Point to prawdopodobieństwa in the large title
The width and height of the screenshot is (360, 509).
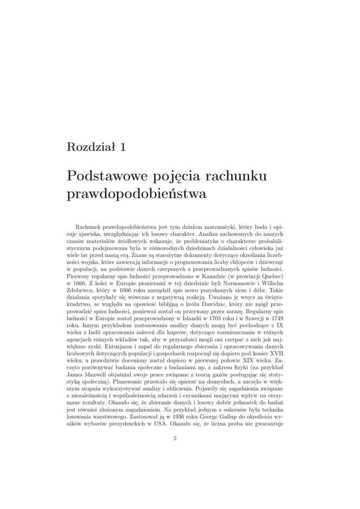tap(136, 194)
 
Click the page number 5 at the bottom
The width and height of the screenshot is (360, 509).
tap(175, 438)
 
